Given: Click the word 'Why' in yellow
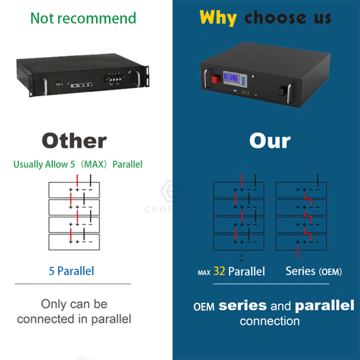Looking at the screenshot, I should click(218, 18).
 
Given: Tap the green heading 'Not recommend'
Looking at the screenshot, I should click(83, 18).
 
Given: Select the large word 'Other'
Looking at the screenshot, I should click(74, 141).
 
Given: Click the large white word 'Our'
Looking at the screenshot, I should click(270, 141).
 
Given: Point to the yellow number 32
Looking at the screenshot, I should click(219, 271).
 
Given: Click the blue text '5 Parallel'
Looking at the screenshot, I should click(72, 271).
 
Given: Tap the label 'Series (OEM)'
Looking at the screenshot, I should click(314, 272).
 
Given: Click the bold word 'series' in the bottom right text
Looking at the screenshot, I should click(243, 306).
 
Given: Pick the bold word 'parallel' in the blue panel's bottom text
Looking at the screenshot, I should click(324, 306).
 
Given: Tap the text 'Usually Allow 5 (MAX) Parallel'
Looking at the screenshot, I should click(78, 164).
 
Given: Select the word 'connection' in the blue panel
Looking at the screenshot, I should click(270, 321).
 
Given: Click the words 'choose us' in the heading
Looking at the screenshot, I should click(288, 18).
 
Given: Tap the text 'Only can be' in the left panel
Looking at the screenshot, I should click(74, 304).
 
